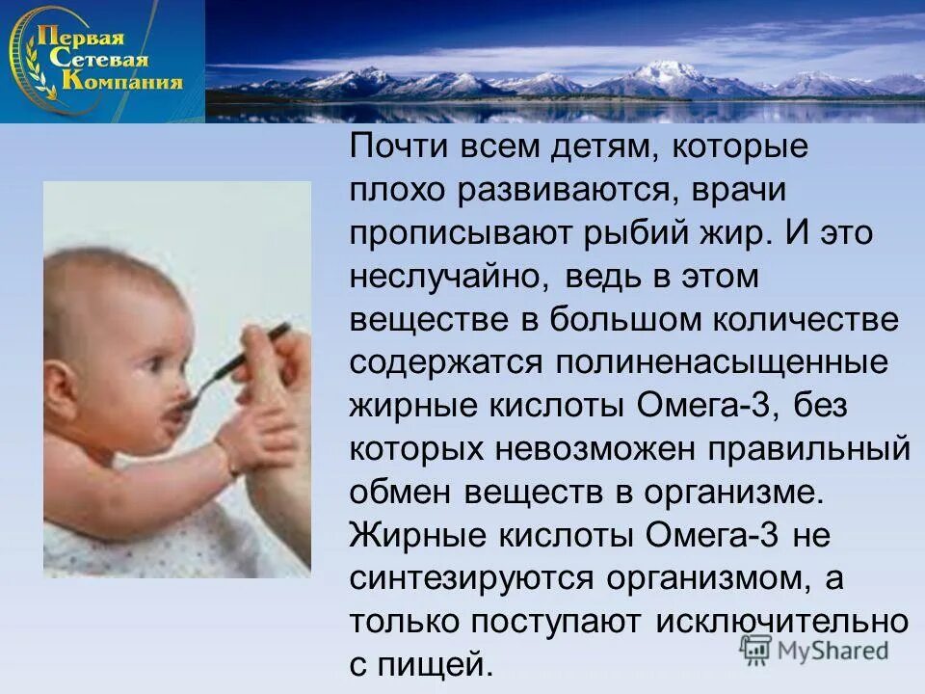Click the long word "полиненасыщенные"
(x=719, y=362)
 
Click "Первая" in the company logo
(x=81, y=39)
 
